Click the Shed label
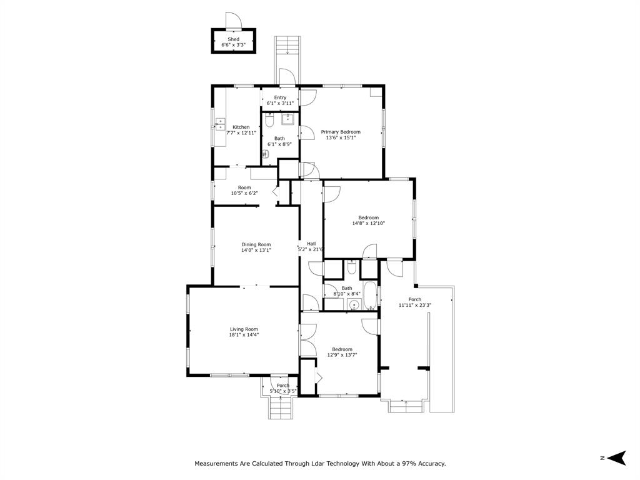pos(233,39)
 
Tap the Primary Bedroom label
pos(341,132)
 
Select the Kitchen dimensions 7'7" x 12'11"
pos(241,132)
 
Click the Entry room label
pos(280,97)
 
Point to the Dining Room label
pos(256,244)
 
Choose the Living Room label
pos(244,329)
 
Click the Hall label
pos(311,244)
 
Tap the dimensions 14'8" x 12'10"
pos(368,223)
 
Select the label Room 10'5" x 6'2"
pos(244,190)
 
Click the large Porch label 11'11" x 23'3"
pos(415,302)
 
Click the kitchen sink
pos(221,124)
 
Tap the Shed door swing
pos(232,20)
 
